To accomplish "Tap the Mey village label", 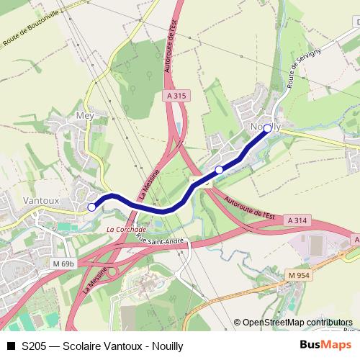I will (x=85, y=115).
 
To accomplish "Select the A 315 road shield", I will (x=176, y=95).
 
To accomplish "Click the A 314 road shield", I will (x=296, y=219).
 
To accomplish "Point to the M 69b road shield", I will (x=63, y=264).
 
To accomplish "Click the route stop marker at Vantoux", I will (x=91, y=207).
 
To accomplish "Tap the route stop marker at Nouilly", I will (x=267, y=128).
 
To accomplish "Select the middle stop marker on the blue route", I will (x=219, y=170).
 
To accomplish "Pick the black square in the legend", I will (x=10, y=346).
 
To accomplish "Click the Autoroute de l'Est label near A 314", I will (x=250, y=207).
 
